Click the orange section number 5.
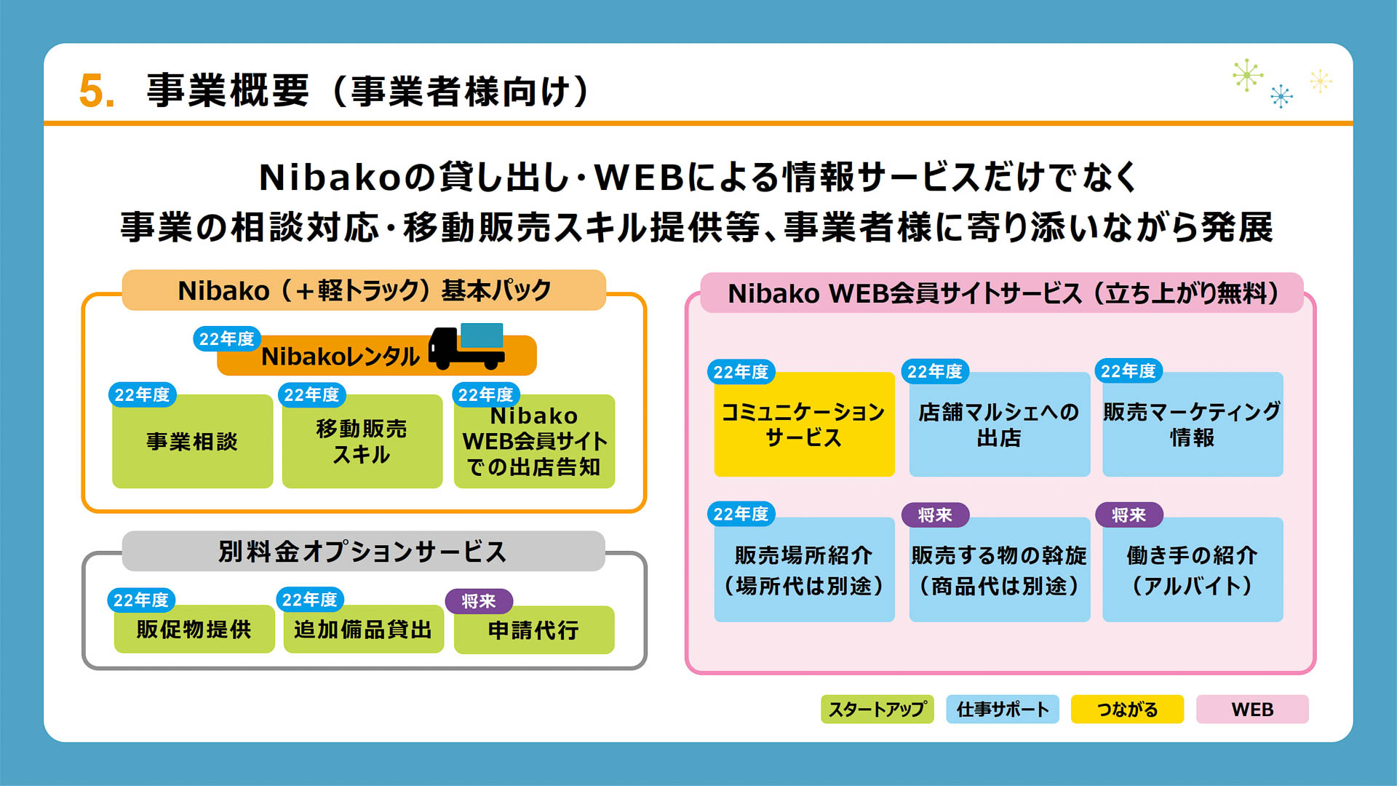tap(95, 92)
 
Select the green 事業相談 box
tap(192, 441)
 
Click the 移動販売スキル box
tap(362, 441)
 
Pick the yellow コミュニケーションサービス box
tap(803, 425)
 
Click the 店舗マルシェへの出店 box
tap(999, 425)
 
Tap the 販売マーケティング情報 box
tap(1192, 425)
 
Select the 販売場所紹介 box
tap(803, 570)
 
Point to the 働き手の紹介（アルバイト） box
tap(1192, 570)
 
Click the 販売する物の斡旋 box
tap(999, 570)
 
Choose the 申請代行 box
tap(533, 630)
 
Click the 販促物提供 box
tap(194, 629)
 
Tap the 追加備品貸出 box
tap(363, 629)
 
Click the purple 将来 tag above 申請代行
tap(479, 601)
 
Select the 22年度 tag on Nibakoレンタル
tap(226, 339)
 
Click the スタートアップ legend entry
tap(877, 709)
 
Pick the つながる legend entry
tap(1126, 709)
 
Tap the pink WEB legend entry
tap(1251, 709)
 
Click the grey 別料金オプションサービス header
tap(363, 551)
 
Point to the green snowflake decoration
tap(1247, 75)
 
